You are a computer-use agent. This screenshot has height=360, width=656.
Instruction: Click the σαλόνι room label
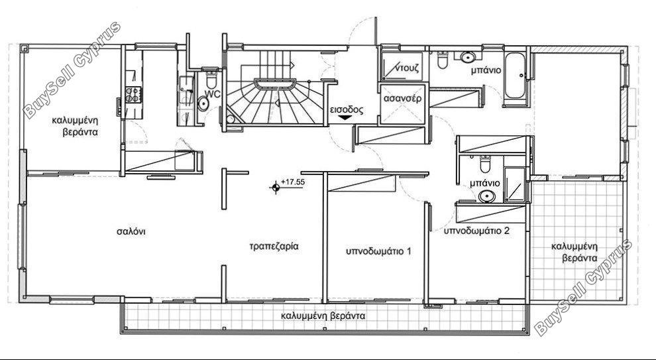tap(131, 231)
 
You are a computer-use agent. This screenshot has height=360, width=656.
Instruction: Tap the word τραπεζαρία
tap(274, 246)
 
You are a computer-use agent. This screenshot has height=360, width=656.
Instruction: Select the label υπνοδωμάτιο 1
tap(378, 251)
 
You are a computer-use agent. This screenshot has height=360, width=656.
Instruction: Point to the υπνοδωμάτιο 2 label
tap(477, 231)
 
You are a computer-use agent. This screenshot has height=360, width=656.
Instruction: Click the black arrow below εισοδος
tap(345, 118)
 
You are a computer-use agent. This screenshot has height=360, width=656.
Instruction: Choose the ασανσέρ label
tap(402, 99)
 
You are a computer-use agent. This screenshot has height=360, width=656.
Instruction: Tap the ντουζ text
tap(408, 67)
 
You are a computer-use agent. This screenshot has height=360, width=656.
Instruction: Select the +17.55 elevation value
tap(293, 182)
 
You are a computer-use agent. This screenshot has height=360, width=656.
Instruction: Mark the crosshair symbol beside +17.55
tap(275, 187)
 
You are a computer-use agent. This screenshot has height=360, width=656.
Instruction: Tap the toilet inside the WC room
tap(211, 80)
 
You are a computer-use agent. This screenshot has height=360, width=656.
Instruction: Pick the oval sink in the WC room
tap(203, 103)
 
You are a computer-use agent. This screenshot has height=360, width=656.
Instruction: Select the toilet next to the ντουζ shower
tap(443, 60)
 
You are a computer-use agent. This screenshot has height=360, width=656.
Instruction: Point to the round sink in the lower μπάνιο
tap(486, 196)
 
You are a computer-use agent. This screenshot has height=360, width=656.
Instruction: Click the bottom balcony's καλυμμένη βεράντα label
tap(323, 316)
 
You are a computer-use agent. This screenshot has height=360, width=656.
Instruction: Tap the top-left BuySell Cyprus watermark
tap(72, 70)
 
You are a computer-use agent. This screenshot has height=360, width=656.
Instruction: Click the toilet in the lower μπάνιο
tap(485, 164)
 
